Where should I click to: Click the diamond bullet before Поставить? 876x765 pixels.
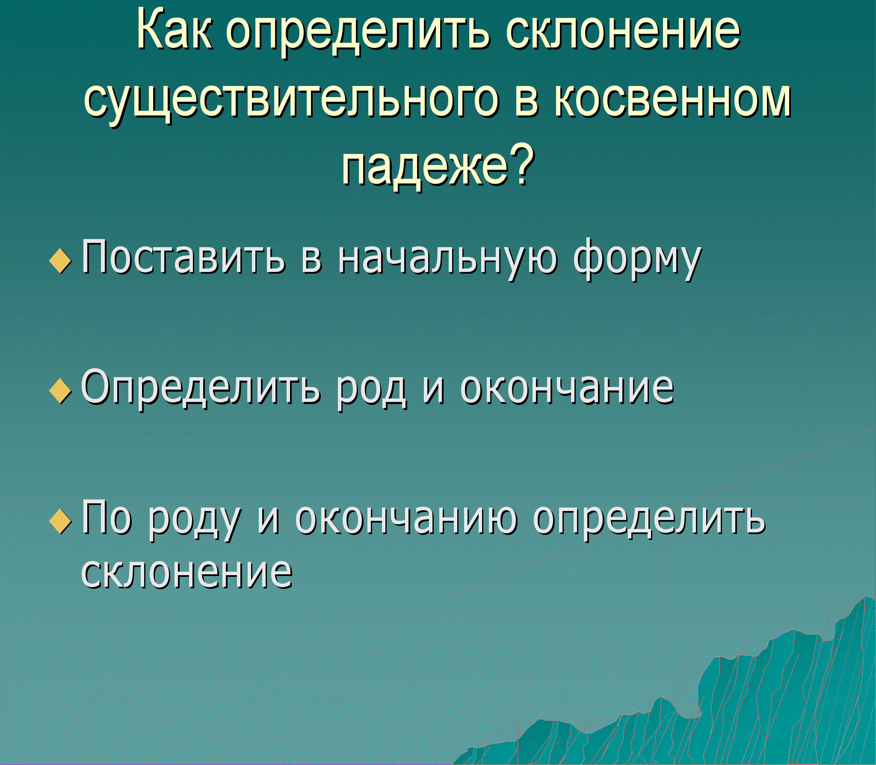[61, 261]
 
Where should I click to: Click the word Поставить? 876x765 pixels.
[183, 257]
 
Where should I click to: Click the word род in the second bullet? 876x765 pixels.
[371, 391]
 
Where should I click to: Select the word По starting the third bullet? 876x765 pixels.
[107, 518]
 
